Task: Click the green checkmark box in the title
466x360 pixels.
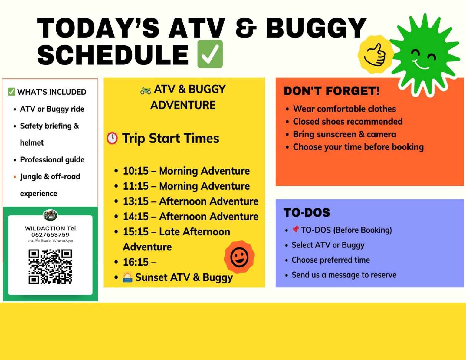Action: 210,54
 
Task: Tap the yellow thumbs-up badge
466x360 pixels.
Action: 376,54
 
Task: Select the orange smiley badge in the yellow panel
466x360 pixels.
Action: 239,257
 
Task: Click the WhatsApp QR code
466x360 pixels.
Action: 50,267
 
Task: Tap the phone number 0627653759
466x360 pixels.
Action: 50,234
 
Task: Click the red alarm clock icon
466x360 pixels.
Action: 112,138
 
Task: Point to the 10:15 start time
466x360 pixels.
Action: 136,171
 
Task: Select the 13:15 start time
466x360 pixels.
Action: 136,201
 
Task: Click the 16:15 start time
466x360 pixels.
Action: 136,262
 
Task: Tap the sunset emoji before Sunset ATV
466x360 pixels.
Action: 127,277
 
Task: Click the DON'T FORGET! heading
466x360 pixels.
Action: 332,91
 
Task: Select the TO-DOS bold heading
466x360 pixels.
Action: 307,212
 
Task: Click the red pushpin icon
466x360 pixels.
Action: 296,229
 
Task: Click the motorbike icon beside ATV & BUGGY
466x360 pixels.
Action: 146,90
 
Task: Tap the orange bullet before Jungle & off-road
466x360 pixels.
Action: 15,177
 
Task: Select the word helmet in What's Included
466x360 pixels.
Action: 32,142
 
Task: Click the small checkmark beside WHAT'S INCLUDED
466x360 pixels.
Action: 11,92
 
